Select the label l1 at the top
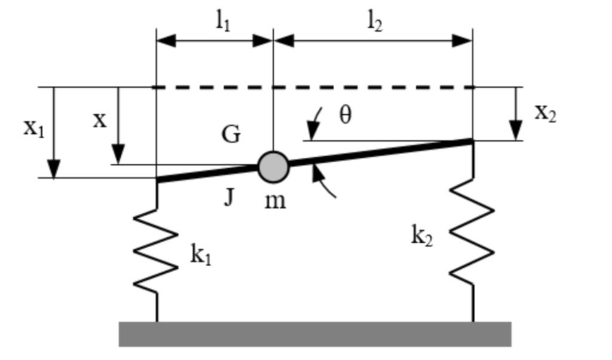(x=223, y=22)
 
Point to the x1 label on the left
(x=33, y=127)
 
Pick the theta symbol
(x=345, y=115)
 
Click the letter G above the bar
(x=231, y=135)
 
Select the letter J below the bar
(x=228, y=196)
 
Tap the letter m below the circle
(x=275, y=201)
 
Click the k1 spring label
(x=201, y=255)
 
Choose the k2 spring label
(x=422, y=237)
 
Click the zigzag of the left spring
(x=156, y=251)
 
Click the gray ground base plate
(x=315, y=334)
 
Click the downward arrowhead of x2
(x=515, y=132)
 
